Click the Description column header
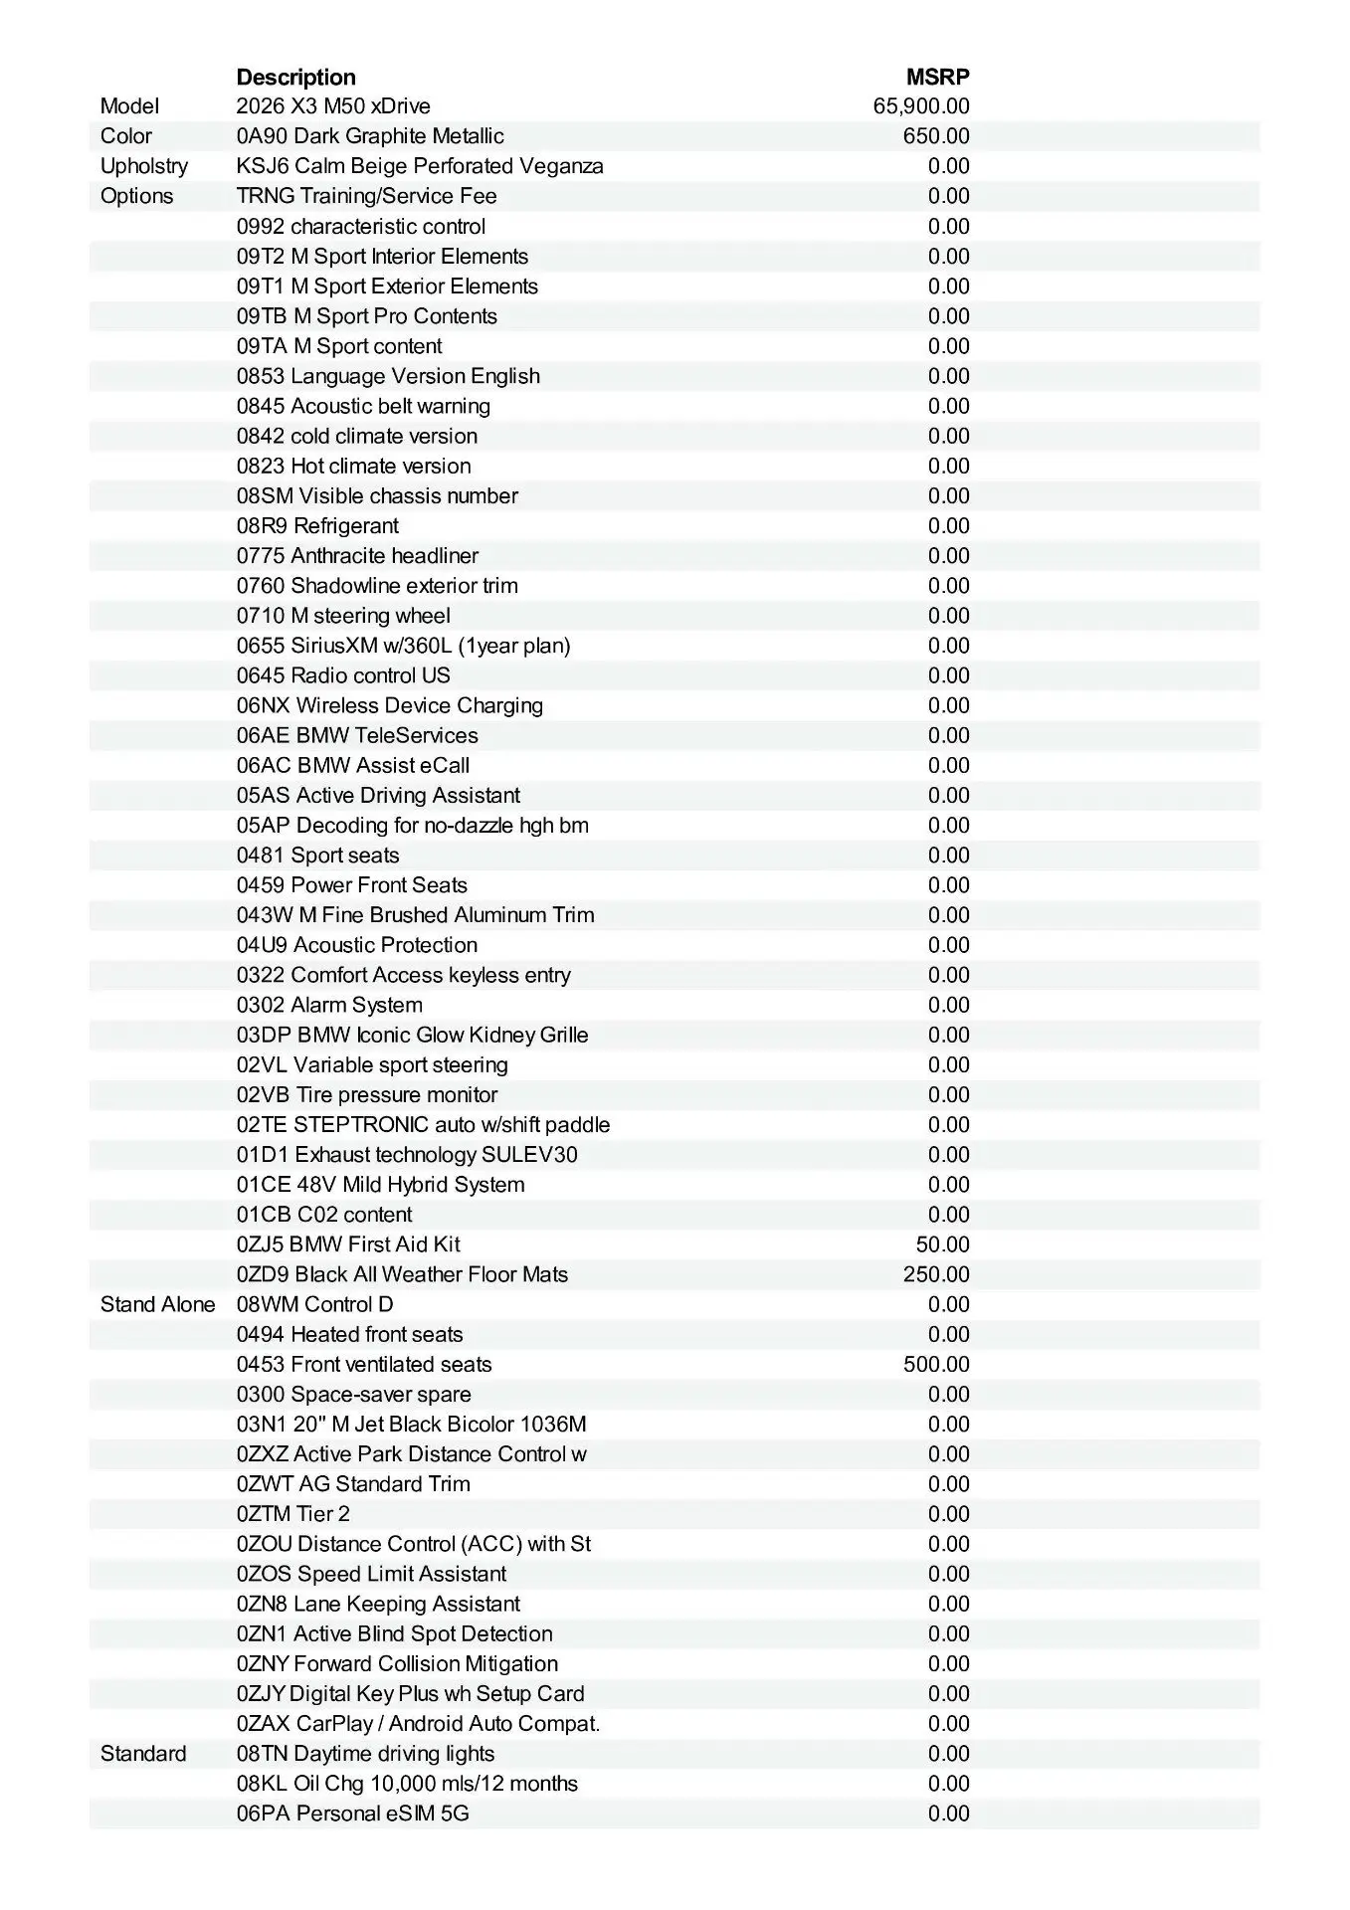click(295, 78)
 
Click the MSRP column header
click(937, 78)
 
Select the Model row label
click(129, 106)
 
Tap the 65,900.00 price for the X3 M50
click(921, 106)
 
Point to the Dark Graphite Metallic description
click(370, 136)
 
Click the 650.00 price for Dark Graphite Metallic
click(936, 136)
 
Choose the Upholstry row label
click(144, 166)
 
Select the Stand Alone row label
click(157, 1304)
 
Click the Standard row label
click(143, 1753)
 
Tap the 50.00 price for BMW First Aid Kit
click(942, 1244)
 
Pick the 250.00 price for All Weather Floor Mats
click(936, 1274)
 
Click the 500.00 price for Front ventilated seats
click(936, 1364)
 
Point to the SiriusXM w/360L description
click(403, 646)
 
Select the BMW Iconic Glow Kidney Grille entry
click(412, 1035)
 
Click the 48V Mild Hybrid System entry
click(380, 1185)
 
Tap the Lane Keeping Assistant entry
click(378, 1604)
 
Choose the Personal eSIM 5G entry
click(352, 1813)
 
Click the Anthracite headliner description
click(357, 556)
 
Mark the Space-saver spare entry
click(353, 1394)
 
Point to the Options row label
click(136, 196)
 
